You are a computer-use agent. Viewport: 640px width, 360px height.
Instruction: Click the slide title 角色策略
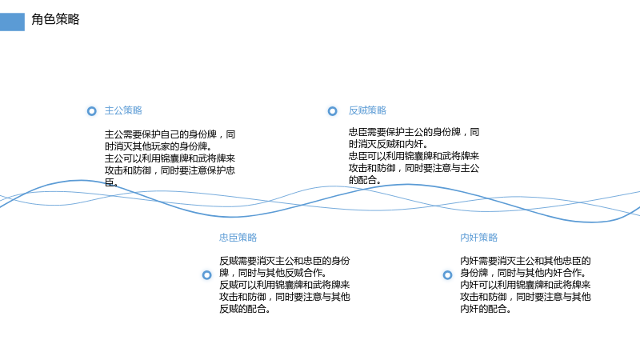[55, 19]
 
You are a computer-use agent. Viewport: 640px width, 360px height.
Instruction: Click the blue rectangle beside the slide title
[12, 22]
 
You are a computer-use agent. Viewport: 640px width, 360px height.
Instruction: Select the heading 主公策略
[123, 110]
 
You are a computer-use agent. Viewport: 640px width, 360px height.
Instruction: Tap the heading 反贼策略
[367, 110]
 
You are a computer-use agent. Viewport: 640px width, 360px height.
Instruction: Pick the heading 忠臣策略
[238, 238]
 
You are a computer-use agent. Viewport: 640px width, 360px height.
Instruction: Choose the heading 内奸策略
[478, 238]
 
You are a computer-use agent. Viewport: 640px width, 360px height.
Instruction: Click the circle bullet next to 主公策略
[92, 111]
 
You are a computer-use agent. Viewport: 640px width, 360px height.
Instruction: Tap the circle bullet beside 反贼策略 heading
[333, 111]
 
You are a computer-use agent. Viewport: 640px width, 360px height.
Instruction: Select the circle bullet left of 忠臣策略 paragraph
[207, 275]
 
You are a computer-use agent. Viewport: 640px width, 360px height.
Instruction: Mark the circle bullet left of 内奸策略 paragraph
[448, 275]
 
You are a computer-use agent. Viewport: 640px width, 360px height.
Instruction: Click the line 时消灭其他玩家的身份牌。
[158, 146]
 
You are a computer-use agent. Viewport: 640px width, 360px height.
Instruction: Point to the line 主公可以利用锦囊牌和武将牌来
[170, 158]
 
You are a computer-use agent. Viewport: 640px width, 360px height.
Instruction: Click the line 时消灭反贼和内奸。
[389, 144]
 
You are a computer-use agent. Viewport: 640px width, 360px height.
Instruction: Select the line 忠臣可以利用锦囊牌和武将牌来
[414, 156]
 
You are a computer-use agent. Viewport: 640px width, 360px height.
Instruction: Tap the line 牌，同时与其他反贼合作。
[273, 273]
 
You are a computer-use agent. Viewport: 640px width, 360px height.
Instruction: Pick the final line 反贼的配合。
[245, 309]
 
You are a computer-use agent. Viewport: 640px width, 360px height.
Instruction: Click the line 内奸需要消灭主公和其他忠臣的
[526, 261]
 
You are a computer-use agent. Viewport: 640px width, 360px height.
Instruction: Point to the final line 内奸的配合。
[486, 309]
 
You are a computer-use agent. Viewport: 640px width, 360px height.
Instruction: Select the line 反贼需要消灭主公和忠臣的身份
[285, 261]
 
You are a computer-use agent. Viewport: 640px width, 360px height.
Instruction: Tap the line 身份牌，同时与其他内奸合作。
[524, 273]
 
